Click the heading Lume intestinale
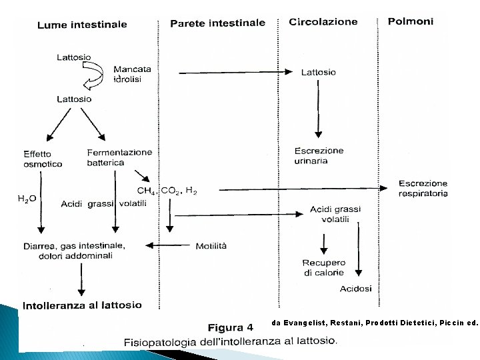82,25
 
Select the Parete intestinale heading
217,23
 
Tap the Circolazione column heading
323,22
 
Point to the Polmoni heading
411,21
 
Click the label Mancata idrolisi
132,74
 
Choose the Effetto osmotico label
43,159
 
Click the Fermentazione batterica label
119,157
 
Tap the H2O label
27,198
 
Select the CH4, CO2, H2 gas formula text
167,191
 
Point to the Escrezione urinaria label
319,155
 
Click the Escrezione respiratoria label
423,188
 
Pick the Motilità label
211,245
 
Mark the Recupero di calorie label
323,267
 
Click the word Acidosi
356,289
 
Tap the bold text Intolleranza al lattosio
82,305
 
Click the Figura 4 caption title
231,327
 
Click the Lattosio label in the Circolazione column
319,72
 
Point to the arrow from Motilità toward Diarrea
172,245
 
